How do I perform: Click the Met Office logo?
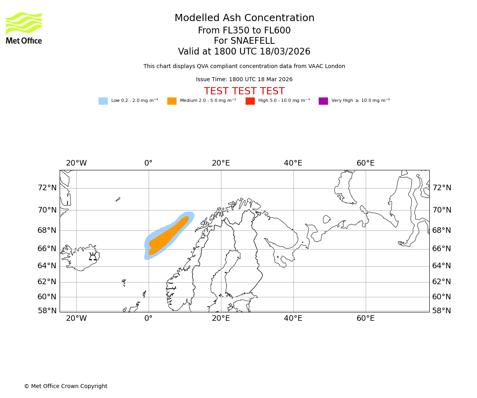[24, 28]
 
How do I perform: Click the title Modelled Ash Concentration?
[244, 18]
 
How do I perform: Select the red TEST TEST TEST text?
[244, 91]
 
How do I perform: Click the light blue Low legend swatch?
[103, 101]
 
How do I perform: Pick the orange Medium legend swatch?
[172, 101]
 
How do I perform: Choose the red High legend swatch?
[250, 101]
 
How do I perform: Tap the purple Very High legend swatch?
[323, 101]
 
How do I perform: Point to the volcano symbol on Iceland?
[93, 256]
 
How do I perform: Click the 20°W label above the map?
[76, 163]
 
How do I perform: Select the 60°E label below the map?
[365, 318]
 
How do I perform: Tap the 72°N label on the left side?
[47, 188]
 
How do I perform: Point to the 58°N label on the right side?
[442, 311]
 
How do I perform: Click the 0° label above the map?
[148, 163]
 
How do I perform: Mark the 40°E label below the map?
[293, 318]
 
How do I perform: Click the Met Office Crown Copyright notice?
[66, 386]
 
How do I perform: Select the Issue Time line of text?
[244, 80]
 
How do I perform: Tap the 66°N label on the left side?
[47, 249]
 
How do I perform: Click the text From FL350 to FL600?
[244, 31]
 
